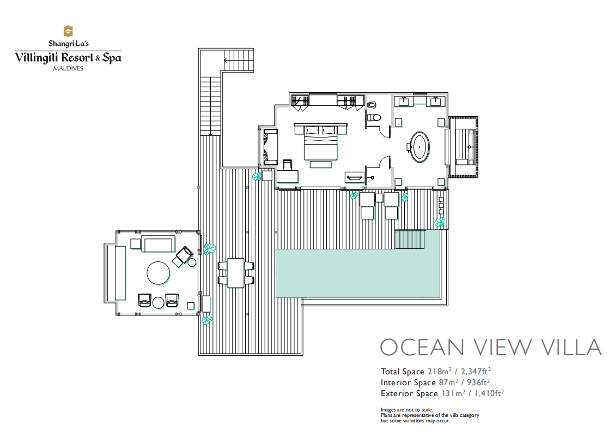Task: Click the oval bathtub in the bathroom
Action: [x=420, y=147]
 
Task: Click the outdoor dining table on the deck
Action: [x=236, y=272]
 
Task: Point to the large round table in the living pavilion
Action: [x=158, y=273]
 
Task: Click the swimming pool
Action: [x=358, y=273]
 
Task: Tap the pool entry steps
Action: [x=410, y=239]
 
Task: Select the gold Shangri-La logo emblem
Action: [x=68, y=31]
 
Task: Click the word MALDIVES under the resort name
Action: [x=68, y=68]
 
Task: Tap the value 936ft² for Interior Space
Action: [x=478, y=382]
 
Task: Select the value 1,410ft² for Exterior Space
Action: [x=489, y=393]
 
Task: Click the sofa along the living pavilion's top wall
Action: [x=158, y=244]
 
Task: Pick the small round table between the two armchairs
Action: [x=158, y=303]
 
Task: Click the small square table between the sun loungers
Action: [x=379, y=198]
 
